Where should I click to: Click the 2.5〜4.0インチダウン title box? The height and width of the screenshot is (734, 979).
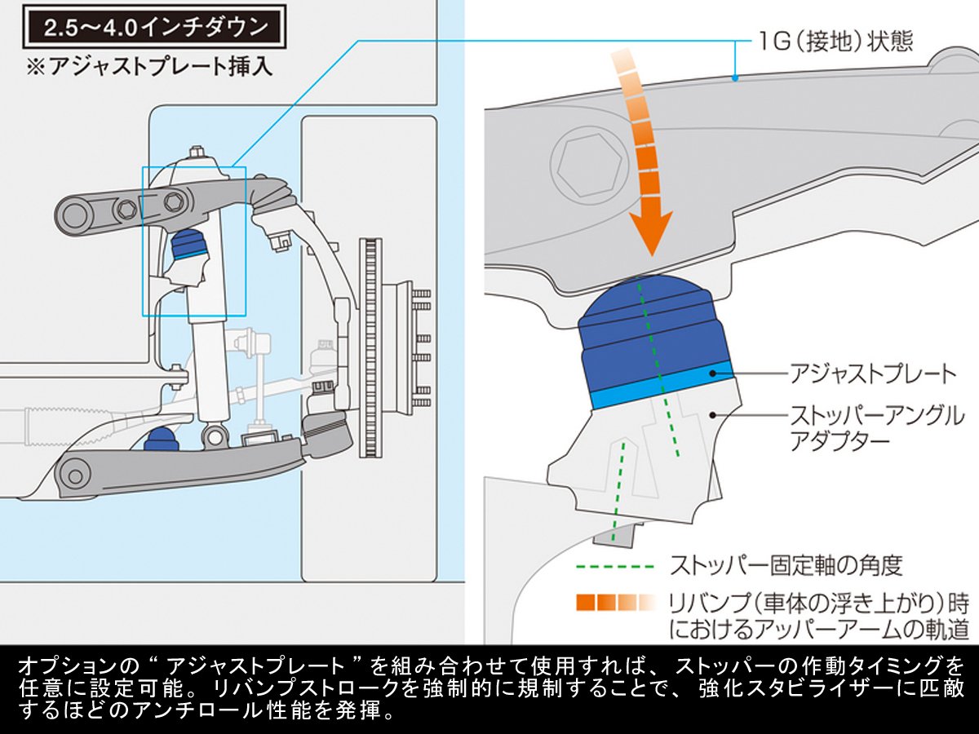pos(154,29)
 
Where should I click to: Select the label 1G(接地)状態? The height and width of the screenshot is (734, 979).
pos(833,39)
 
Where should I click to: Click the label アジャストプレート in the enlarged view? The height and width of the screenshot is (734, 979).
pos(872,374)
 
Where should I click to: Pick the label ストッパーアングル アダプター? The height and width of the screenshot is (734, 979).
pos(876,428)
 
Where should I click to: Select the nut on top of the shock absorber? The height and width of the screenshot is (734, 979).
pos(197,153)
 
